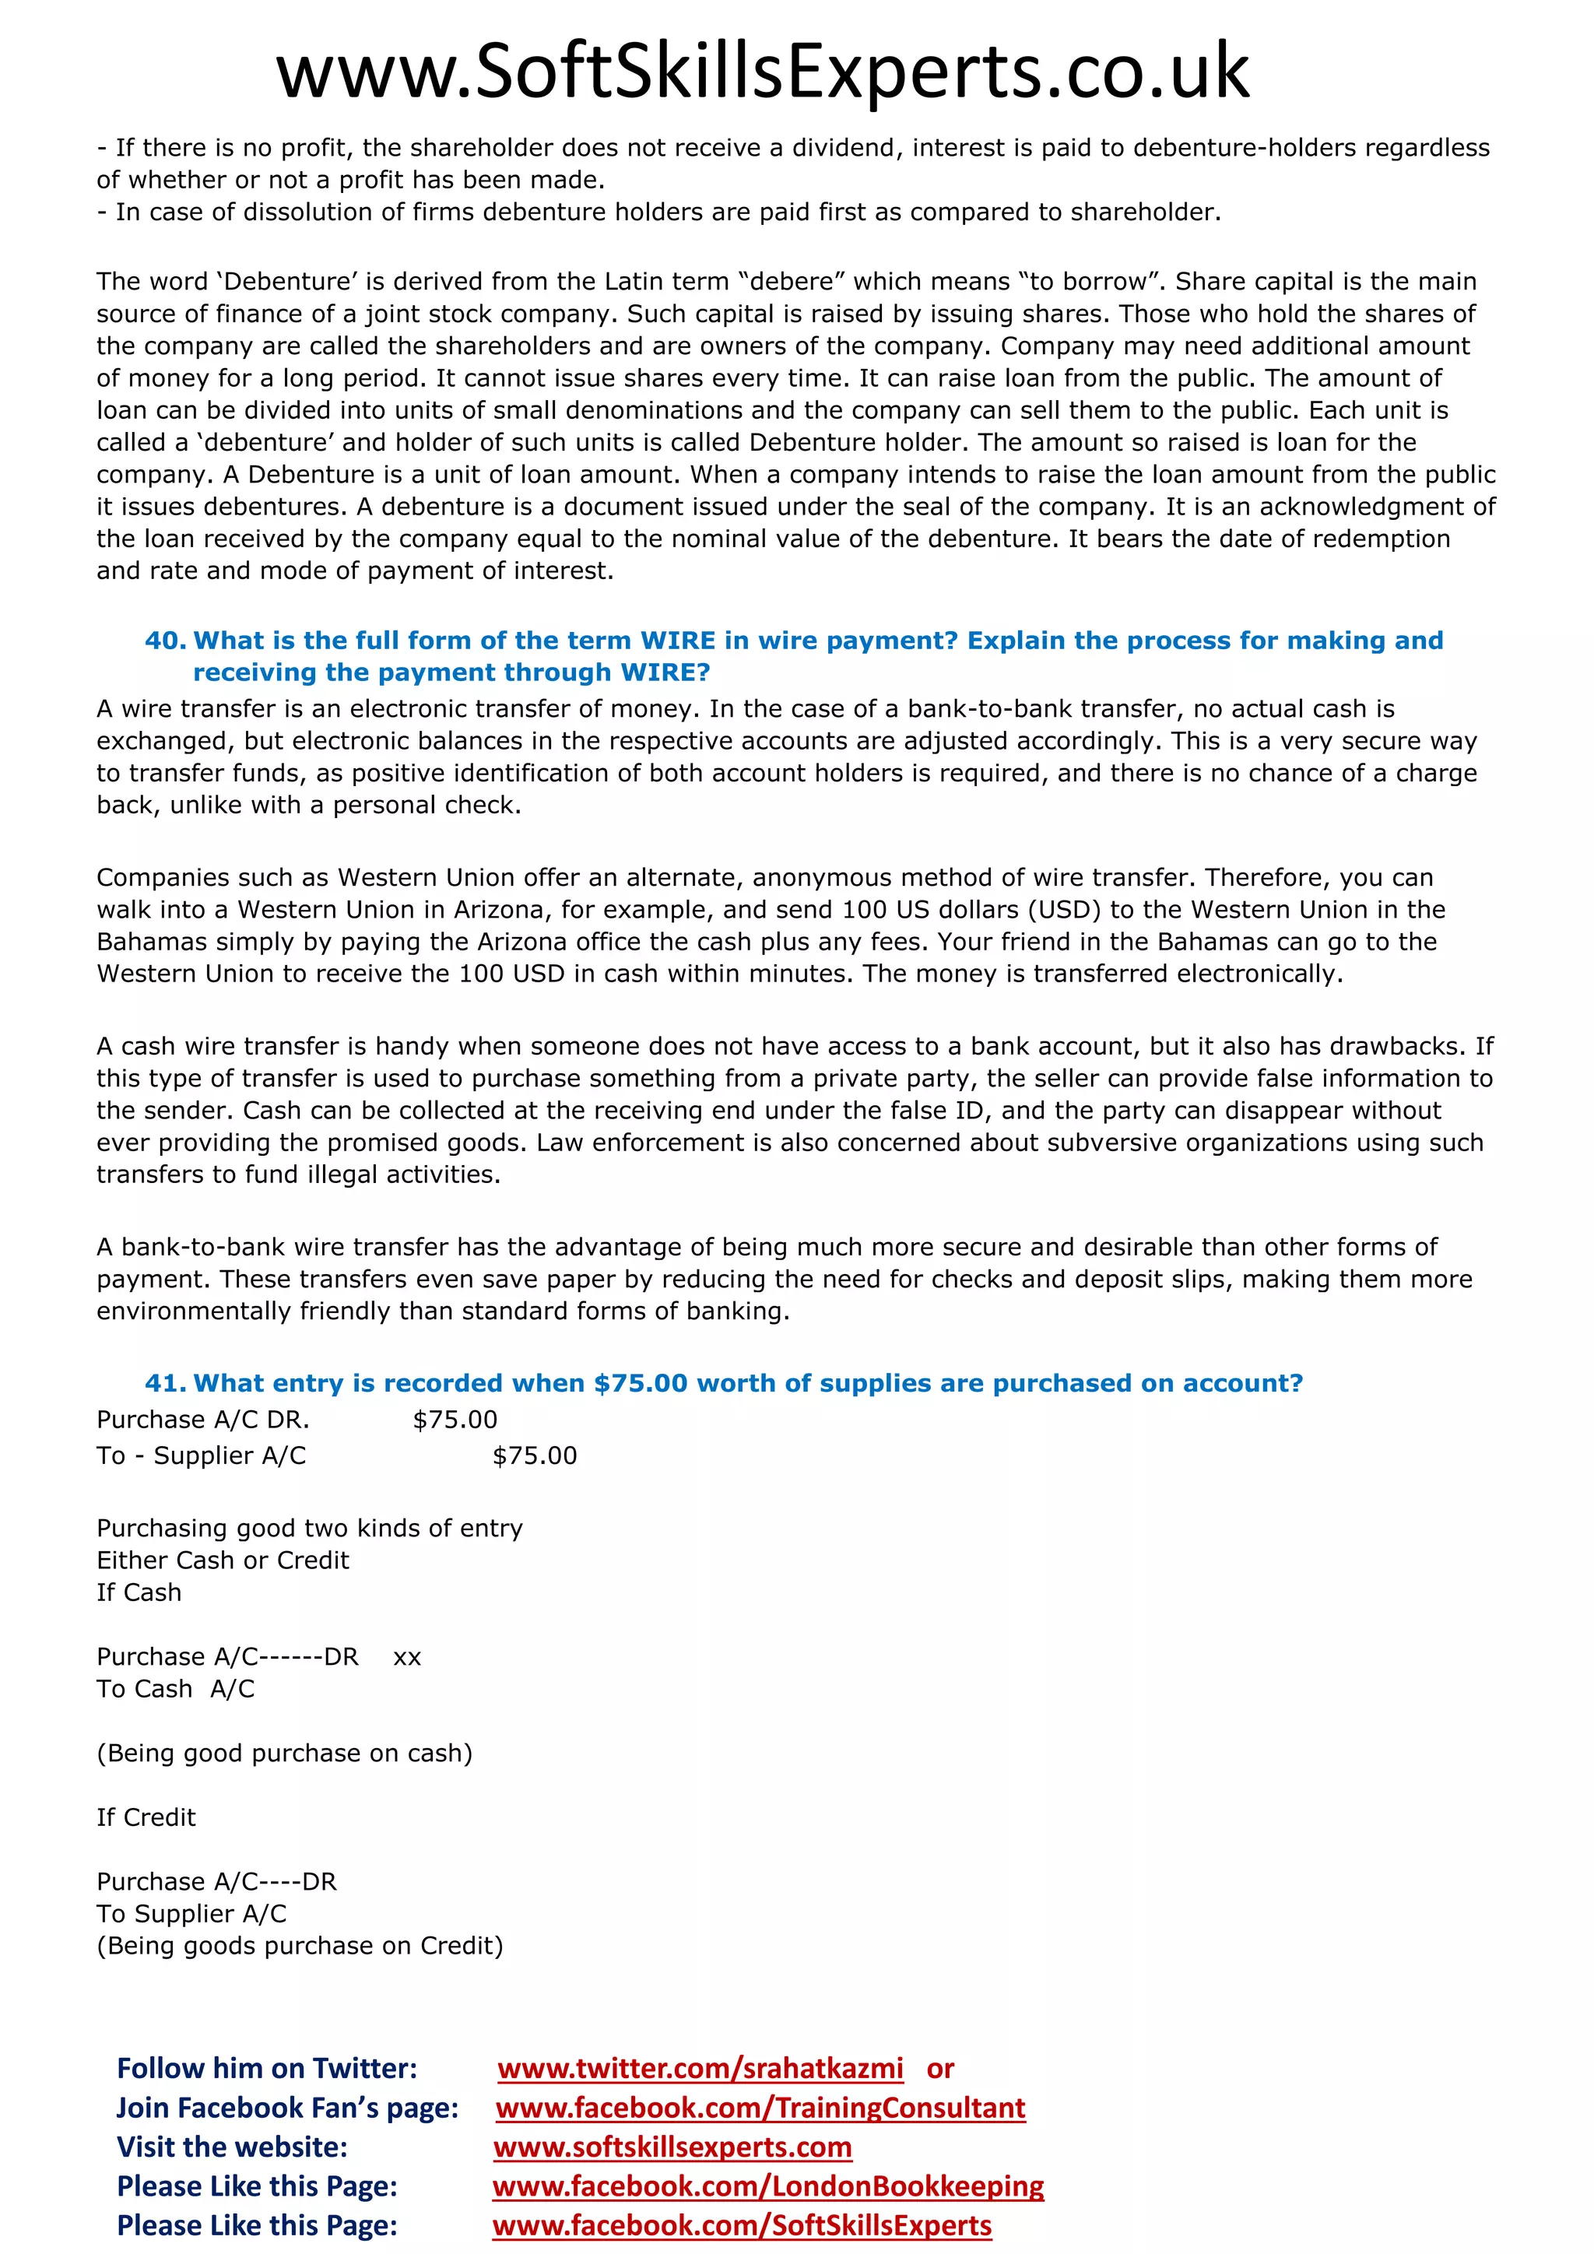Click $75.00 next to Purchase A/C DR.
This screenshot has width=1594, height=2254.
pos(455,1419)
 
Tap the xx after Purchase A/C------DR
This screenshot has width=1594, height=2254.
pos(406,1657)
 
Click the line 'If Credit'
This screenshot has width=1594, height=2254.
pos(146,1817)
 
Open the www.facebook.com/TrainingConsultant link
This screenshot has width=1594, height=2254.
pos(760,2107)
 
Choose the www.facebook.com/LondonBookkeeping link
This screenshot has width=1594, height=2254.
pos(767,2186)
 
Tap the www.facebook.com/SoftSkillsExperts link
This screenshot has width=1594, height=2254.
pos(742,2224)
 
